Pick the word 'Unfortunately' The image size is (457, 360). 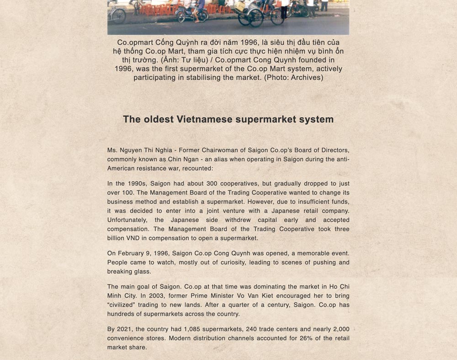(x=128, y=220)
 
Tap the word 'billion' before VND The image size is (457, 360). (x=117, y=238)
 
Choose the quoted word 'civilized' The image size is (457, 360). (x=125, y=305)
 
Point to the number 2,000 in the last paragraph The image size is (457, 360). (x=341, y=329)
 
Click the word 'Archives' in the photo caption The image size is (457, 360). (x=306, y=77)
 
